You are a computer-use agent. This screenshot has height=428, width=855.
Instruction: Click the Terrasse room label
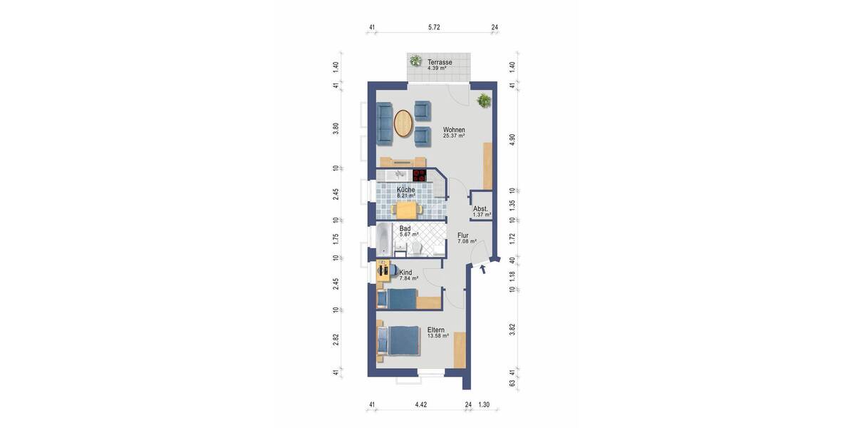(x=440, y=62)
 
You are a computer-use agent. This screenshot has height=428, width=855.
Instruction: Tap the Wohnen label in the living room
(x=454, y=130)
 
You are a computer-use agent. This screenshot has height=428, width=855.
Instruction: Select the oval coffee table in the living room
(x=403, y=123)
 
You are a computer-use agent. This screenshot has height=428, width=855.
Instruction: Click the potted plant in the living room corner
(x=484, y=101)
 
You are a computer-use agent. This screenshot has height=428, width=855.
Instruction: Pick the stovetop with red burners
(x=419, y=175)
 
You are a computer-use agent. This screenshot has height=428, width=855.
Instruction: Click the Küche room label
(x=405, y=190)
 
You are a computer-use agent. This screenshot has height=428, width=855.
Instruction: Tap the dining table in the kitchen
(x=406, y=209)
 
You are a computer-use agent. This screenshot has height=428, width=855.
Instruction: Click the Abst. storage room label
(x=480, y=208)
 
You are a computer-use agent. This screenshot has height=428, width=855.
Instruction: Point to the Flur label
(x=463, y=235)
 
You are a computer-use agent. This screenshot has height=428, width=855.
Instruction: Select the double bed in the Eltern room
(x=399, y=340)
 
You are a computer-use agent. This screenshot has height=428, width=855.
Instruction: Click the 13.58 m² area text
(x=437, y=336)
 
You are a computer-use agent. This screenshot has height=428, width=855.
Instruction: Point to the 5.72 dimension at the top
(x=434, y=28)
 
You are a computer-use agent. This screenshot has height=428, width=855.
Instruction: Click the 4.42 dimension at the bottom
(x=421, y=405)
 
